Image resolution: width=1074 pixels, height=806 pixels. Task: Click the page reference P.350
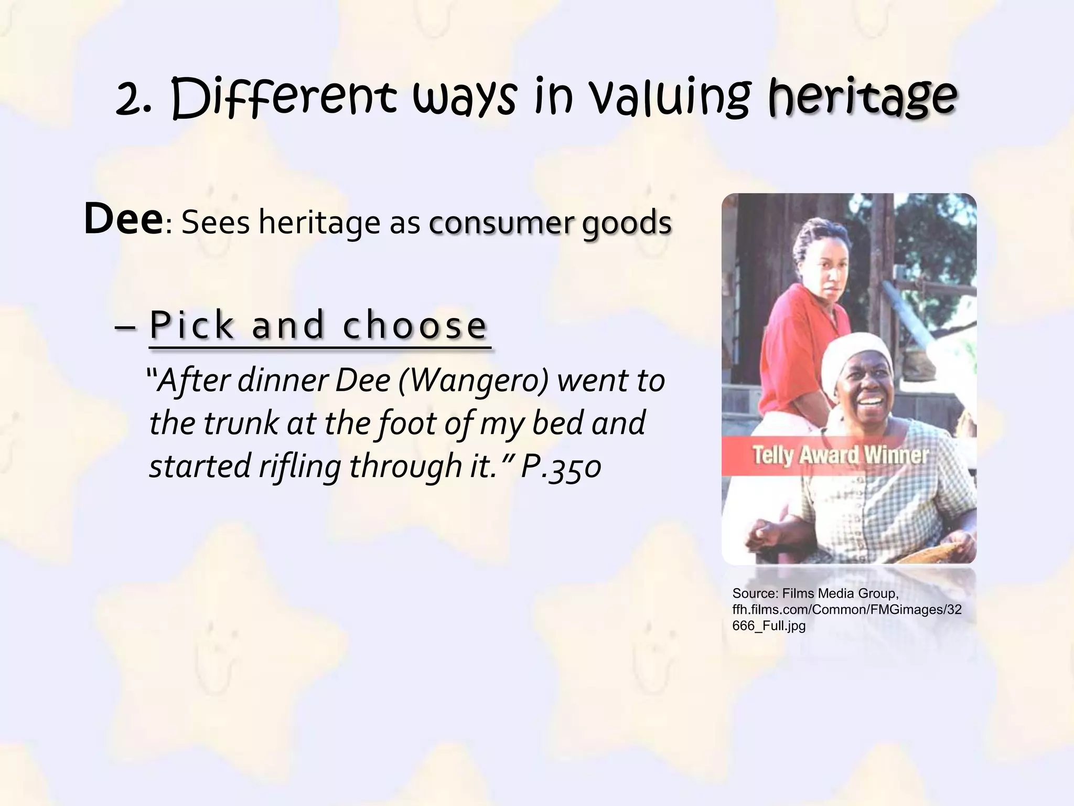tap(561, 465)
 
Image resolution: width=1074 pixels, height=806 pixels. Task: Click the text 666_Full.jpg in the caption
tap(768, 626)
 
